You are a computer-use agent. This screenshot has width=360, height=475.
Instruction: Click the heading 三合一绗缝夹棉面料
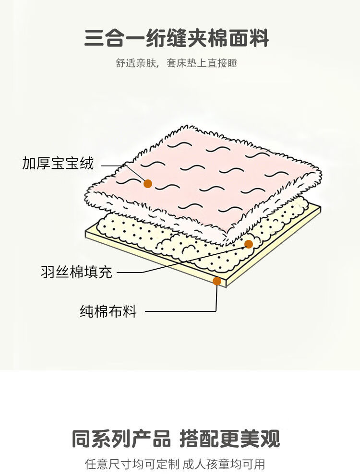point(176,38)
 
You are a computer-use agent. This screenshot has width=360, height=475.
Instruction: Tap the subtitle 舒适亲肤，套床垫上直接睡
point(176,63)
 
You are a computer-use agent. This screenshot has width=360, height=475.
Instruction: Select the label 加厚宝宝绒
point(58,164)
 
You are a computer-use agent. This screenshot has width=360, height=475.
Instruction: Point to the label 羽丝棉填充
point(76,273)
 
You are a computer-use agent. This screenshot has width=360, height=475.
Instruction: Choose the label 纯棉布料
point(108,311)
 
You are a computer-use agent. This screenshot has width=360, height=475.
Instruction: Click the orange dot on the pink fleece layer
point(148,183)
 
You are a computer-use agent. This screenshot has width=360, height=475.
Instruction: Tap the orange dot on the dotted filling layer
point(248,244)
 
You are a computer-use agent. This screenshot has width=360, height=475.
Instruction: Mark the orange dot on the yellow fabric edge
point(217,281)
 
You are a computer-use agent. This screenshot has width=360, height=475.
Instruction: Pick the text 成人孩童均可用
point(224,464)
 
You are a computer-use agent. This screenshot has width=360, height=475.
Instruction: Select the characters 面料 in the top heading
point(250,38)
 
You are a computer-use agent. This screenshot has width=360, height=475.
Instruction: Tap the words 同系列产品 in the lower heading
point(121,439)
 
